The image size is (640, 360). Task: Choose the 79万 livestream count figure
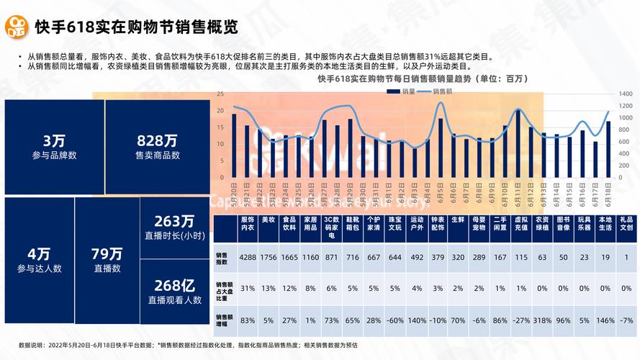pyautogui.click(x=107, y=253)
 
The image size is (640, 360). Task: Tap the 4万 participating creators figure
pyautogui.click(x=39, y=253)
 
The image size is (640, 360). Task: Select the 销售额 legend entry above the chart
pyautogui.click(x=439, y=91)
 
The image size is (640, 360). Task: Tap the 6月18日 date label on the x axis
pyautogui.click(x=608, y=193)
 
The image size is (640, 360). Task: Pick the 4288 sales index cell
pyautogui.click(x=248, y=257)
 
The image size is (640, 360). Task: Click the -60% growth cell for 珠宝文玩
pyautogui.click(x=395, y=319)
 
